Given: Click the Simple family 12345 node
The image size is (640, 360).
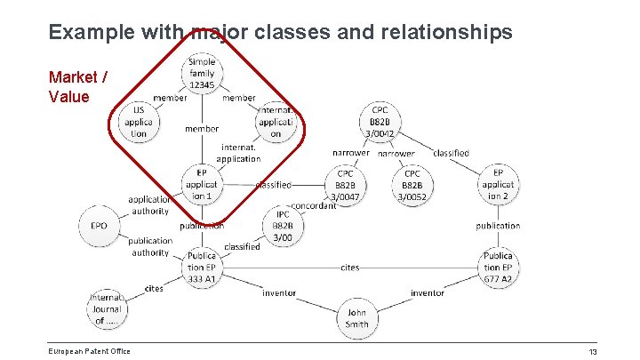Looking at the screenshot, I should [x=202, y=74].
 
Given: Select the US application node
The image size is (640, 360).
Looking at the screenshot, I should [x=139, y=123].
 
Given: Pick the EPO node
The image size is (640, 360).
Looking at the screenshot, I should [x=99, y=226].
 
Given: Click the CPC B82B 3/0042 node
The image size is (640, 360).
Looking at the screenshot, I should [x=386, y=122].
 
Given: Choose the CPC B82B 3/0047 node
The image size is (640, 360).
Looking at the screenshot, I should [x=344, y=185].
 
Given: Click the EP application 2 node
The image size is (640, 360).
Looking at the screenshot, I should [x=498, y=184].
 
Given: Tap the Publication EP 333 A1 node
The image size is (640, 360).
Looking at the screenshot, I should [x=202, y=267].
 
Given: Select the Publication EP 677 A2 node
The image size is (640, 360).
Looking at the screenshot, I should [x=498, y=267].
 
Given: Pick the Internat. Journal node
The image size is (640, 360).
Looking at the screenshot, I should [x=107, y=308].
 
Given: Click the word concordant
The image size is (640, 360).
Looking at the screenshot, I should [x=314, y=206].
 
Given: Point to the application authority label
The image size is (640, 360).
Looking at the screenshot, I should [x=148, y=205].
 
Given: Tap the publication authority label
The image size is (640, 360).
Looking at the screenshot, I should [x=149, y=246].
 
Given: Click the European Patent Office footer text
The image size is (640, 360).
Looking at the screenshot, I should [x=90, y=351].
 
